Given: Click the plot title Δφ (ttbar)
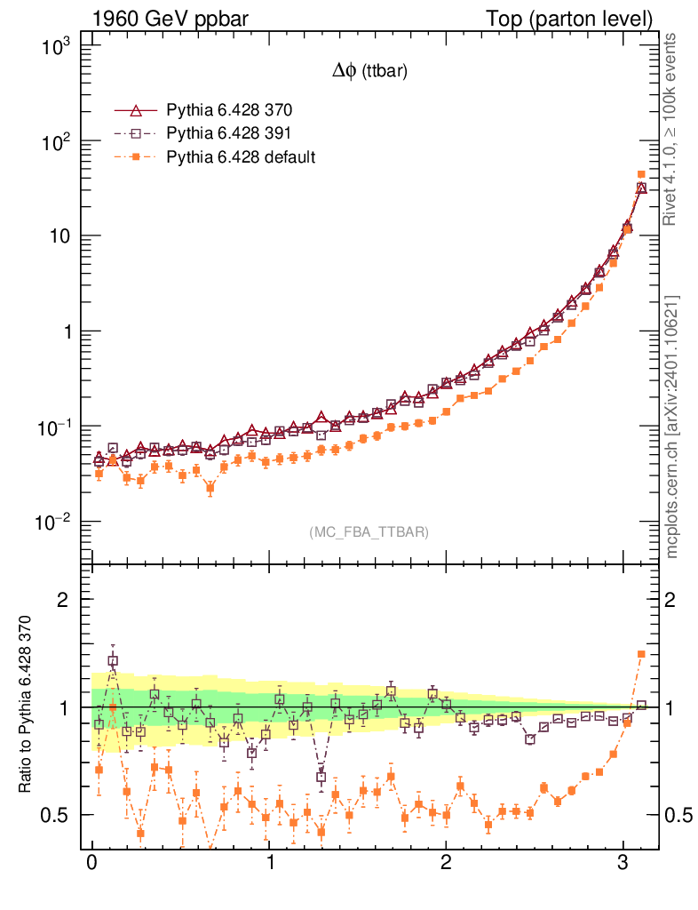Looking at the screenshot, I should click(369, 73).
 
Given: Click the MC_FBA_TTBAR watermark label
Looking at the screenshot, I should click(369, 532).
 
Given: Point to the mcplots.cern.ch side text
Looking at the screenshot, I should click(672, 427).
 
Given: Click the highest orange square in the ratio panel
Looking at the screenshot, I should click(641, 654).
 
